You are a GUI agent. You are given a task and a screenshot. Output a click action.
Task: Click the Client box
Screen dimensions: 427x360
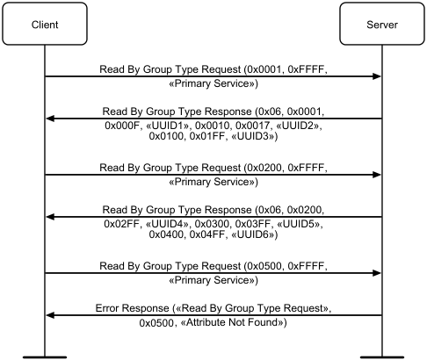point(45,24)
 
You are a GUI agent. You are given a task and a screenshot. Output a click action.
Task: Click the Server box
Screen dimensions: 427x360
point(382,24)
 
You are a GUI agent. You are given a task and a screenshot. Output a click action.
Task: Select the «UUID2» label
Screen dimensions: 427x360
point(298,126)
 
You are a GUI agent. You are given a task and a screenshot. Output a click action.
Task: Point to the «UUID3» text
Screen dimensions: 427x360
point(253,136)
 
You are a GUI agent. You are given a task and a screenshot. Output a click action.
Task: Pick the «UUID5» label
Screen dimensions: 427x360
point(298,224)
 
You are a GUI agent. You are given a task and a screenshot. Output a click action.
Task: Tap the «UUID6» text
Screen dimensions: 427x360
point(253,234)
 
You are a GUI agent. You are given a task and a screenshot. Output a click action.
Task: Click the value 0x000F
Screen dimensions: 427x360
point(122,126)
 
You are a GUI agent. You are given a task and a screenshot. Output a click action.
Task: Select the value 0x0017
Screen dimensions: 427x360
point(252,126)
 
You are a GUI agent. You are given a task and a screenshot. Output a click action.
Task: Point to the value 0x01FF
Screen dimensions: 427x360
point(207,136)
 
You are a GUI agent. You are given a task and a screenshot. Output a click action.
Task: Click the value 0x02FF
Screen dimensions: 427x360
point(121,224)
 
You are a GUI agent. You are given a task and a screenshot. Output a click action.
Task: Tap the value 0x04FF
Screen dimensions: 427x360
point(207,234)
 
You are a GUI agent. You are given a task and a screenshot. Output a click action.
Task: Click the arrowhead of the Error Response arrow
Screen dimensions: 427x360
point(50,315)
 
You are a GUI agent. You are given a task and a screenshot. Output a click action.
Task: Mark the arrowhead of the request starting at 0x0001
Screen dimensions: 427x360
point(377,76)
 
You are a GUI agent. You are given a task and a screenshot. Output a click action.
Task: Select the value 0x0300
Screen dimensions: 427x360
point(212,224)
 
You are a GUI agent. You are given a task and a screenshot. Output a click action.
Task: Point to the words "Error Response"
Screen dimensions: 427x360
point(133,308)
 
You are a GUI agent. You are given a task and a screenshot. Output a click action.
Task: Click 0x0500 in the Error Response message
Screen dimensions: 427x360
point(156,322)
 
